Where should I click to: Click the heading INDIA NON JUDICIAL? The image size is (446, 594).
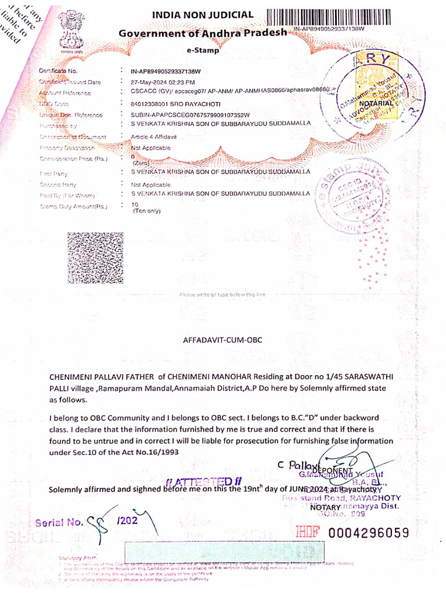click(x=203, y=15)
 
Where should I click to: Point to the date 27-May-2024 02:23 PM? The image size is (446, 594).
click(x=163, y=82)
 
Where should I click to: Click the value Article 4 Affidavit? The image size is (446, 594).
click(x=153, y=136)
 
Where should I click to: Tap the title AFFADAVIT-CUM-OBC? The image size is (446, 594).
click(x=222, y=340)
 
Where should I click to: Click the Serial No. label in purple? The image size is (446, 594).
click(x=59, y=522)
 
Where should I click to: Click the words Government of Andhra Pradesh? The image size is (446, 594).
click(x=203, y=33)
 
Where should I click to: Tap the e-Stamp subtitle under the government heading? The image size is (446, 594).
click(x=203, y=50)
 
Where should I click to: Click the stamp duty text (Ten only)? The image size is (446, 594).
click(x=146, y=211)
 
